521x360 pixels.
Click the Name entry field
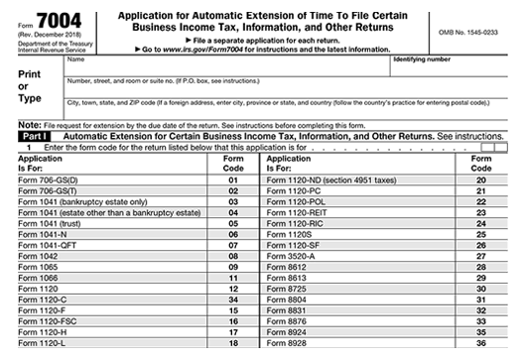pos(228,65)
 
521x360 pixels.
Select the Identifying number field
pos(448,65)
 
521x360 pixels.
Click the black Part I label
pos(34,135)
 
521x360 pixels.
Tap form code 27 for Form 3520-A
pos(480,255)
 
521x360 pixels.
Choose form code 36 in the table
pos(480,342)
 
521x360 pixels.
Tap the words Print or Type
pos(30,85)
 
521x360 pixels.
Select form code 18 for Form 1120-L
pos(233,342)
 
